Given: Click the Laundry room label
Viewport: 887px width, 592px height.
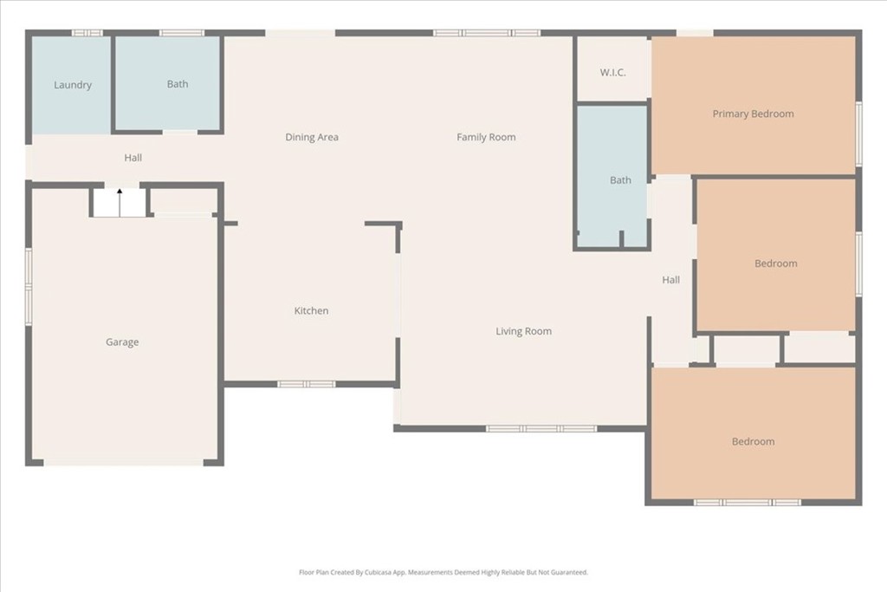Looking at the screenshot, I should (x=73, y=85).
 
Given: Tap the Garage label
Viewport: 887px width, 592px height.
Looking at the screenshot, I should (x=122, y=342).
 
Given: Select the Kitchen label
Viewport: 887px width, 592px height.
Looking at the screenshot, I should (x=311, y=311).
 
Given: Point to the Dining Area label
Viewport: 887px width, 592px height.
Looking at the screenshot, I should (x=312, y=137).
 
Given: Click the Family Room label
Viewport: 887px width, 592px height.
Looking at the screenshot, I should (x=486, y=137).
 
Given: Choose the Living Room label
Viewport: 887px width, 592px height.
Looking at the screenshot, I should (x=523, y=331).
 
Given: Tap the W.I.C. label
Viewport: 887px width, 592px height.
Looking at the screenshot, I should (x=612, y=72).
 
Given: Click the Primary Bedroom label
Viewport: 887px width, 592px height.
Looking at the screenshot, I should (x=753, y=114).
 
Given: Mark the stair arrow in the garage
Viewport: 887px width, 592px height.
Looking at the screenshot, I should (x=120, y=192).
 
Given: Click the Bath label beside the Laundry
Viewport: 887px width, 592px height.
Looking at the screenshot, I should (x=178, y=84).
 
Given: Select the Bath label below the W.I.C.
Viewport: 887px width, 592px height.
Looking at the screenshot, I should (x=620, y=180).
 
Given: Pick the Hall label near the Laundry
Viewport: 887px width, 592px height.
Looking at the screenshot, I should (x=133, y=158).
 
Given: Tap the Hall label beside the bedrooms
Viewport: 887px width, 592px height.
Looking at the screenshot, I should (x=670, y=280).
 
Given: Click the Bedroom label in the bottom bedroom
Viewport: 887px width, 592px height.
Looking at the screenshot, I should (x=753, y=442).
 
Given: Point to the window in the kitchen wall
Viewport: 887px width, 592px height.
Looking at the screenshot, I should (x=307, y=383).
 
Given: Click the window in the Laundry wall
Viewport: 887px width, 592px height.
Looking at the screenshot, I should (x=87, y=33).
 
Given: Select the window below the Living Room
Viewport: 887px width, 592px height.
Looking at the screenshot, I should (x=541, y=428).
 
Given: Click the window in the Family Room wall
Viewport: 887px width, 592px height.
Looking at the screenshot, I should (x=487, y=33).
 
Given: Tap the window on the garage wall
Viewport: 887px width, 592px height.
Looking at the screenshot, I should (x=29, y=287).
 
